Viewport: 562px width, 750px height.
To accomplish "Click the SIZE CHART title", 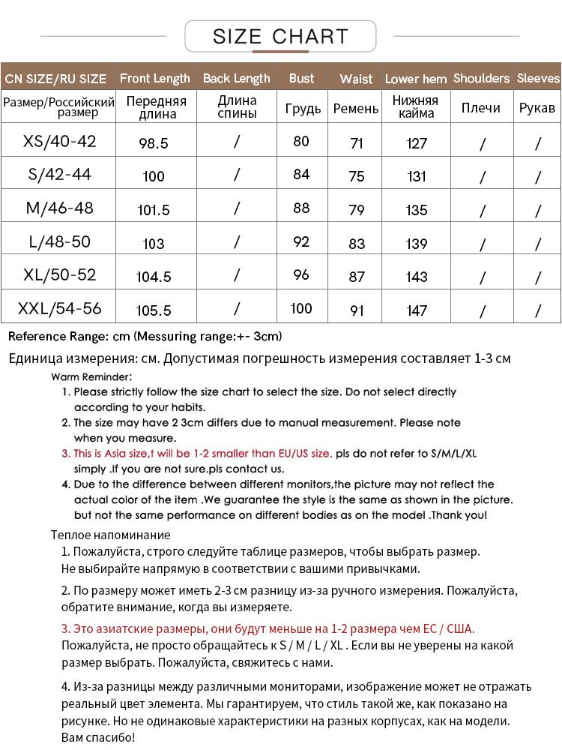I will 280,35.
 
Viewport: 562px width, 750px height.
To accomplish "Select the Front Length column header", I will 155,78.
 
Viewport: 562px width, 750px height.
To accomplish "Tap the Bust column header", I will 301,78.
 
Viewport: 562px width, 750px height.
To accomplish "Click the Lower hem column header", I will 416,79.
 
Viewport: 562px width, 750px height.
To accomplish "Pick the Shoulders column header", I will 481,78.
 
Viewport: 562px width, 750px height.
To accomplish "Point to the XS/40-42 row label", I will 60,141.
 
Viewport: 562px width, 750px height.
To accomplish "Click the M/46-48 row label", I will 60,208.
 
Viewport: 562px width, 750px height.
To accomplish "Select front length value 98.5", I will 154,143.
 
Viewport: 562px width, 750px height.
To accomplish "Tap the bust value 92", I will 301,241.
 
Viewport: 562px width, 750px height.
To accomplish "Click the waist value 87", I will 357,277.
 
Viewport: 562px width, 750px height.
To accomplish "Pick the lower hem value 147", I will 417,310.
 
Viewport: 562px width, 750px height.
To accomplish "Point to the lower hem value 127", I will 417,143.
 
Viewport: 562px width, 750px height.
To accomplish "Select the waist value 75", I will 357,176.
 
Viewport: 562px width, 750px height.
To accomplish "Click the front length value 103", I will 154,244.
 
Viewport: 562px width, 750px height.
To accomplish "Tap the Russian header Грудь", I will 303,108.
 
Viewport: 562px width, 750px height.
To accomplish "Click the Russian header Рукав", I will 537,108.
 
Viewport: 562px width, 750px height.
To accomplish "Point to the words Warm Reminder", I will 91,376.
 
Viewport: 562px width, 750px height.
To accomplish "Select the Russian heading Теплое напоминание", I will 110,535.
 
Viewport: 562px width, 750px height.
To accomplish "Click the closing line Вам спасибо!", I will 97,738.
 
